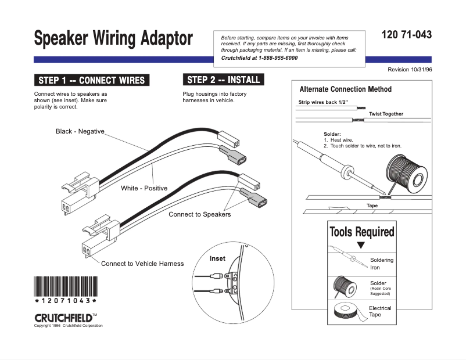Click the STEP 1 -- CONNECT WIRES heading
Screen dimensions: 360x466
92,80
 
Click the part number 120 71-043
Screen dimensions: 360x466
407,35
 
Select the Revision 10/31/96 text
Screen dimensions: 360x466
410,70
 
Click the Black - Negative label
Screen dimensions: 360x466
80,131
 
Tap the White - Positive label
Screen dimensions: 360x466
144,188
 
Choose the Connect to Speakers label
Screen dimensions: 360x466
199,214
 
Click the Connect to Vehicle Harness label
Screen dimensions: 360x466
142,264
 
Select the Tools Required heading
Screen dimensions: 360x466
361,232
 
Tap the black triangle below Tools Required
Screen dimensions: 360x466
361,245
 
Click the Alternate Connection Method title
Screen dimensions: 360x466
345,89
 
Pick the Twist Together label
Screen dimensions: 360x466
386,114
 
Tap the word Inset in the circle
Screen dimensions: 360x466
218,258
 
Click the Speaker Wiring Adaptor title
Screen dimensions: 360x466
113,39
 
